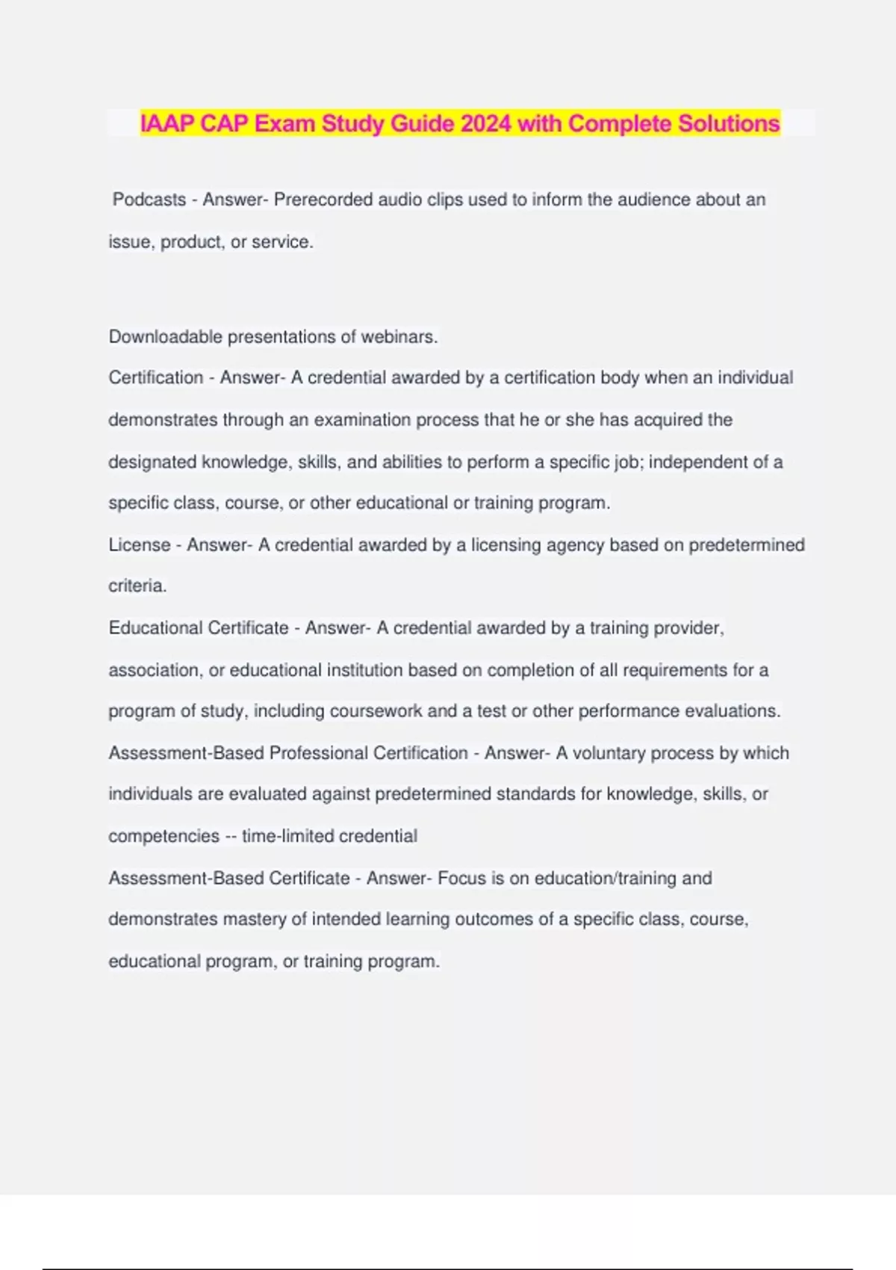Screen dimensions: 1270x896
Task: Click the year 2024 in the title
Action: click(x=486, y=123)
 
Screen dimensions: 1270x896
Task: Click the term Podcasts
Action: click(x=149, y=200)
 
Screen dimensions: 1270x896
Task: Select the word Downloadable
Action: click(x=165, y=337)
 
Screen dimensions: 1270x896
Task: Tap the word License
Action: click(x=140, y=545)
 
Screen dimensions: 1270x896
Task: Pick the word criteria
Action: click(x=137, y=586)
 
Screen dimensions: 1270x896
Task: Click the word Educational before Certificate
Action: click(x=156, y=628)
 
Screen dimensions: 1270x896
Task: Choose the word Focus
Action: click(x=461, y=878)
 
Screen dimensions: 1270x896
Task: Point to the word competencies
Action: click(x=164, y=836)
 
